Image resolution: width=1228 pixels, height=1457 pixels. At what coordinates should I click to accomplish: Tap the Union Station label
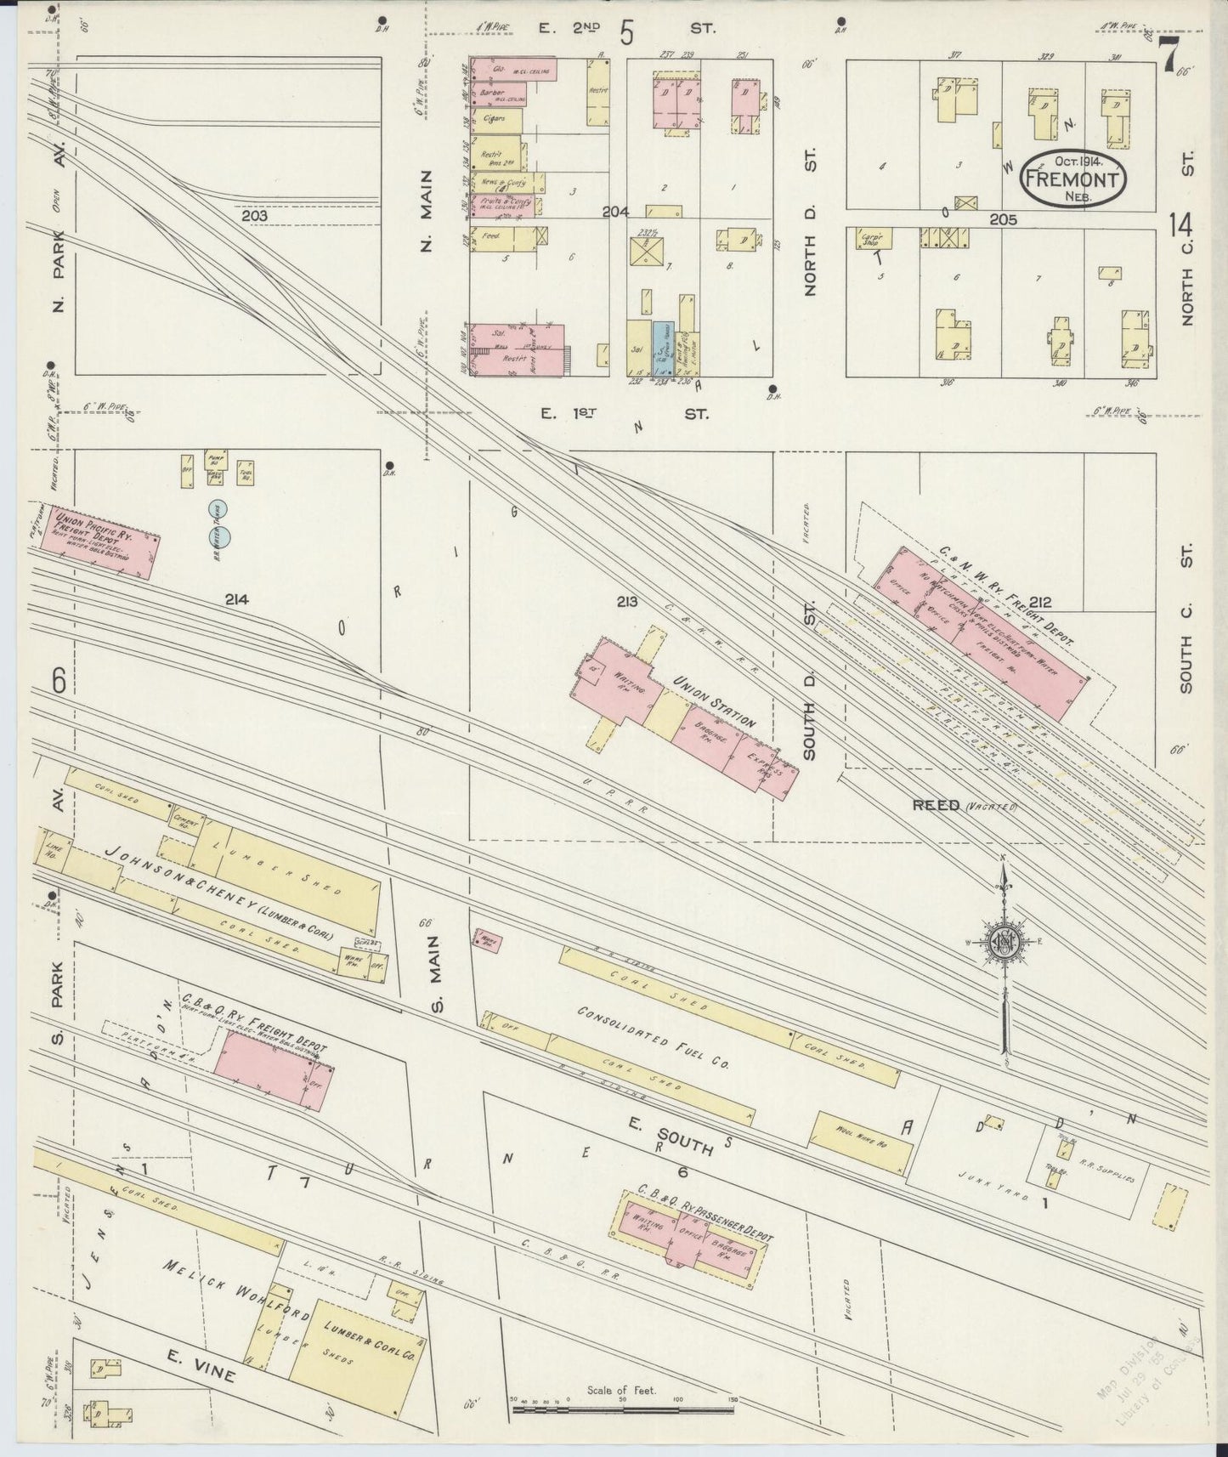[714, 702]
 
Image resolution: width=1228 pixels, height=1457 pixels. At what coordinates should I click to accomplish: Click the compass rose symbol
[1004, 942]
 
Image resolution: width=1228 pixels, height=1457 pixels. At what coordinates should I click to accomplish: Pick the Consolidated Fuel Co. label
[654, 1036]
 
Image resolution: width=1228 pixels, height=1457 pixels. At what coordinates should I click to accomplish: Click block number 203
[254, 216]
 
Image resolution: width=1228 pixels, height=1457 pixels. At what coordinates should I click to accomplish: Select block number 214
[236, 599]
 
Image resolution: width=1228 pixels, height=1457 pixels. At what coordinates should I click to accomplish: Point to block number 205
[1004, 218]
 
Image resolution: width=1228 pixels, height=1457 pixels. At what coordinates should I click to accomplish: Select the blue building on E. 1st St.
[662, 349]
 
